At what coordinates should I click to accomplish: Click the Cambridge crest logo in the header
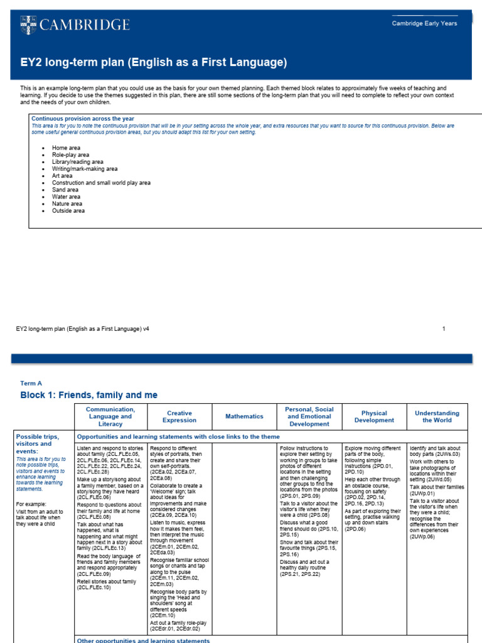28,24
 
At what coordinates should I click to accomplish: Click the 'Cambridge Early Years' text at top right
424,23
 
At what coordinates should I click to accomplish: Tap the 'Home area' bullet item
66,148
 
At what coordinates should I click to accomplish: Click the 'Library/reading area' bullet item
78,162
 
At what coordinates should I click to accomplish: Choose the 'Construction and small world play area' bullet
101,183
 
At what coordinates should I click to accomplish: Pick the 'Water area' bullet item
67,197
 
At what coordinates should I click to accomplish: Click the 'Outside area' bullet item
68,211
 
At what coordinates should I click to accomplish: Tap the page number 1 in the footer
444,328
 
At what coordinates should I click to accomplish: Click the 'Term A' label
31,382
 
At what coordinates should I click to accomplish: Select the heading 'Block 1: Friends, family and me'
89,395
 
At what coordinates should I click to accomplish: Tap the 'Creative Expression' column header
179,416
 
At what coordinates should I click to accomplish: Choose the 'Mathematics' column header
245,416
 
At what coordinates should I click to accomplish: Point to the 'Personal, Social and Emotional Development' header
309,416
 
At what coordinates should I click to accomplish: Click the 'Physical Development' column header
375,416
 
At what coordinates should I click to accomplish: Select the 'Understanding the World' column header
437,416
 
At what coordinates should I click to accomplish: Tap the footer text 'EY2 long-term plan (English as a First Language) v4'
83,328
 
